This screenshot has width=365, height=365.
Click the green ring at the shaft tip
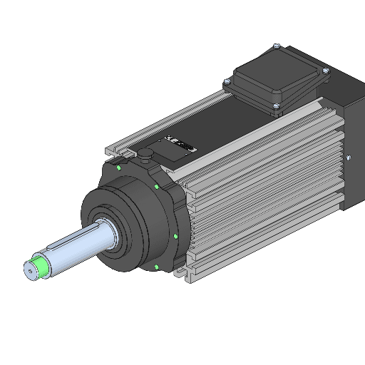coord(42,267)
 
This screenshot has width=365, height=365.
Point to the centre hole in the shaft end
coord(30,270)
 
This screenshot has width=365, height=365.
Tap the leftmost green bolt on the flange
coord(116,169)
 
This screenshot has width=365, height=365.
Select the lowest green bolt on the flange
coord(155,267)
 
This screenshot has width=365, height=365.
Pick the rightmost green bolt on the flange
coord(175,236)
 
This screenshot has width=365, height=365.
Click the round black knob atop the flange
coord(145,153)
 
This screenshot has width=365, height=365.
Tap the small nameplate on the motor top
coord(179,145)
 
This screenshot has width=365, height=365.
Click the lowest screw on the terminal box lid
coord(275,108)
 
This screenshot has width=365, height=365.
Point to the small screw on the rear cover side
coord(347,157)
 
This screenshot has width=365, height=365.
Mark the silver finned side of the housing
coord(271,185)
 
